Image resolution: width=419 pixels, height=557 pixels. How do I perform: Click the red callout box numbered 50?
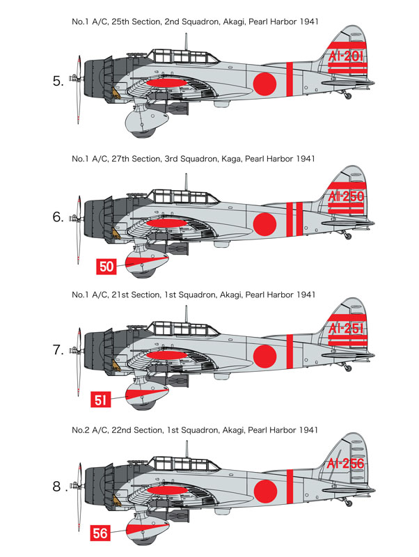tap(106, 267)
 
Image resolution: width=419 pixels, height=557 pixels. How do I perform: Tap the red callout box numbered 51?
tap(101, 400)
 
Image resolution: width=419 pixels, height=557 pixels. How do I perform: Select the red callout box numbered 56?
tap(100, 533)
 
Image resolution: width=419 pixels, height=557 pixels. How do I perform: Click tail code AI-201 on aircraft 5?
tap(346, 56)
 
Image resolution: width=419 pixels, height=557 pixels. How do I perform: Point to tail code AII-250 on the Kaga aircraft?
tap(346, 196)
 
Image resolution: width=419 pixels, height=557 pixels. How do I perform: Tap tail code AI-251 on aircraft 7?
tap(346, 328)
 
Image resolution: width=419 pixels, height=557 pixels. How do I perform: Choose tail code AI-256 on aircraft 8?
tap(346, 463)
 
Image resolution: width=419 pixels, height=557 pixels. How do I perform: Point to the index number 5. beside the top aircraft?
tap(58, 81)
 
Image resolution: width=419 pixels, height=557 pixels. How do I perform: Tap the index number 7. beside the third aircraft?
tap(58, 350)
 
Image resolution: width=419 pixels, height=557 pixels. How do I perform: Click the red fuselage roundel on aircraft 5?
tap(264, 84)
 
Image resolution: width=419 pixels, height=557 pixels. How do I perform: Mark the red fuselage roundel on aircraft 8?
tap(265, 492)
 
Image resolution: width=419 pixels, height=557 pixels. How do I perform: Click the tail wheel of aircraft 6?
tap(348, 236)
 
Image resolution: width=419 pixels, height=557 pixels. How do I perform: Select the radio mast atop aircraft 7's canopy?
tap(186, 315)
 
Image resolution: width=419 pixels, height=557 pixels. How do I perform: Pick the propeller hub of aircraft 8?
tap(74, 485)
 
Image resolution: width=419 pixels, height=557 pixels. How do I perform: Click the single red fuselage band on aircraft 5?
tap(290, 79)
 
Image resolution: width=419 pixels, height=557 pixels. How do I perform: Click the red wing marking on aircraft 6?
tap(166, 223)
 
